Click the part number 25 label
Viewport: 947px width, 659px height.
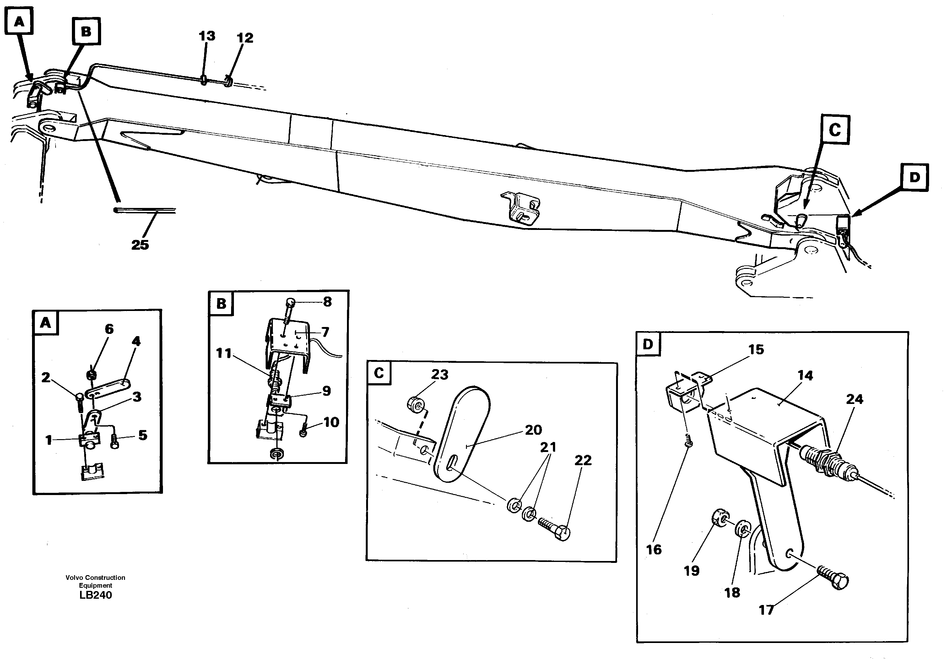click(140, 245)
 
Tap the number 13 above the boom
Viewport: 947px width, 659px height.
click(207, 36)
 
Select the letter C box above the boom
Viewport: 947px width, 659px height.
click(834, 130)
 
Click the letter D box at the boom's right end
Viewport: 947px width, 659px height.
click(914, 177)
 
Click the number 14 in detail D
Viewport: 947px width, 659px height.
click(805, 375)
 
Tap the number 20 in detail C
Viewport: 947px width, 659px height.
click(533, 430)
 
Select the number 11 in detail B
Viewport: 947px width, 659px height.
click(224, 353)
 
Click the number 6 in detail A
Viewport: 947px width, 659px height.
click(109, 329)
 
